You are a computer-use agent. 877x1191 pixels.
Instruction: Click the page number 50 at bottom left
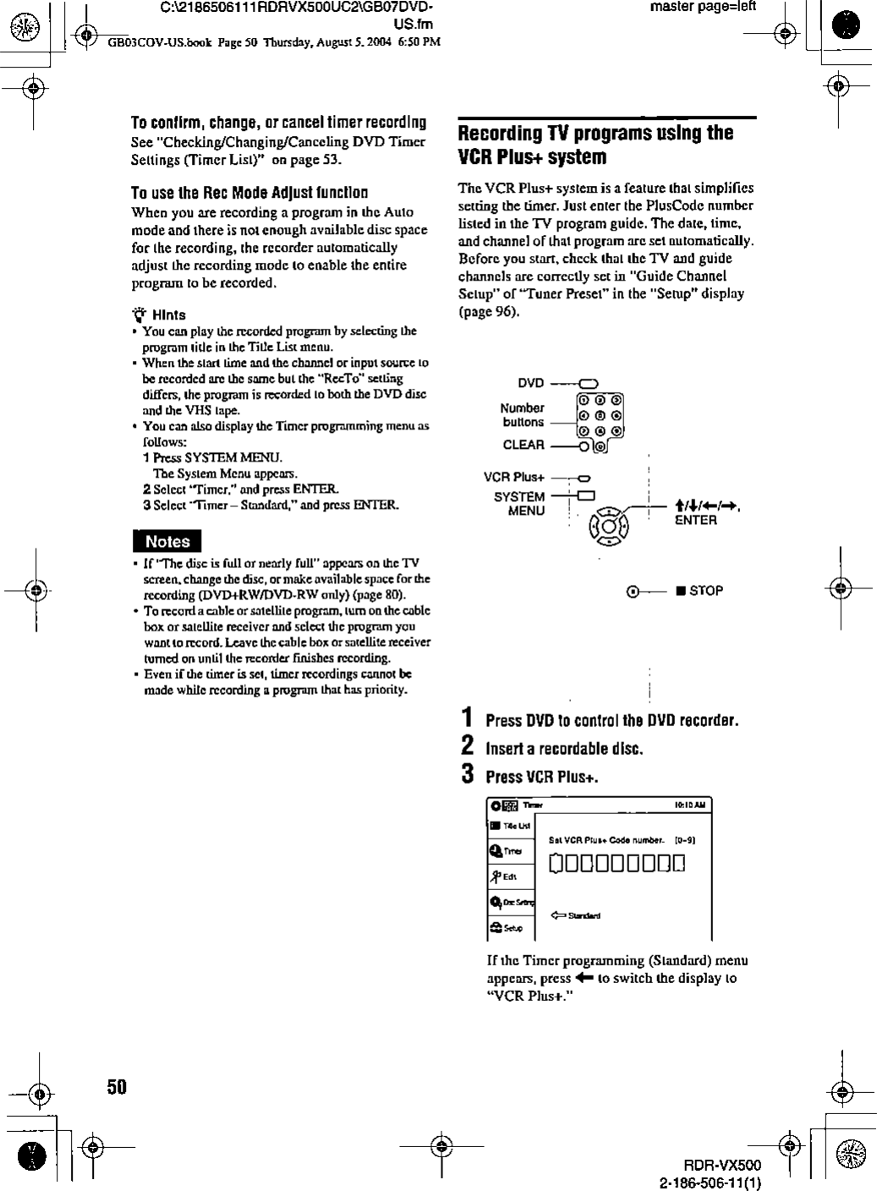(x=116, y=1086)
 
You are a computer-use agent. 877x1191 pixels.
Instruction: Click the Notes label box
(x=167, y=541)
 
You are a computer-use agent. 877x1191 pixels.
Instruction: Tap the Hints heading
(x=168, y=314)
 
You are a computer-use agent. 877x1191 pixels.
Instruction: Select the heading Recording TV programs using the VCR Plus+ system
(x=595, y=145)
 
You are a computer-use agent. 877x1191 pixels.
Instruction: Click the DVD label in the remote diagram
(x=530, y=382)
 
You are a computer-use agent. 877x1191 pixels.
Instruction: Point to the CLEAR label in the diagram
(x=523, y=445)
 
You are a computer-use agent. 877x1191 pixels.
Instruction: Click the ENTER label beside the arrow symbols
(x=695, y=521)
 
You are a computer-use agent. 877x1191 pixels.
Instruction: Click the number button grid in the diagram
(x=600, y=415)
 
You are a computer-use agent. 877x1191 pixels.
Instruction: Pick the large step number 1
(x=467, y=718)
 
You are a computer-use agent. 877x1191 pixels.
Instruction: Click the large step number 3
(x=467, y=774)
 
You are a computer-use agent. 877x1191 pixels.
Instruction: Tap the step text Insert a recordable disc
(x=564, y=749)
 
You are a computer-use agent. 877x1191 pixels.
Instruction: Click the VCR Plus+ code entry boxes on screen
(x=617, y=863)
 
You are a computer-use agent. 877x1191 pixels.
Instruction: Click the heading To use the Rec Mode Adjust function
(x=249, y=193)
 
